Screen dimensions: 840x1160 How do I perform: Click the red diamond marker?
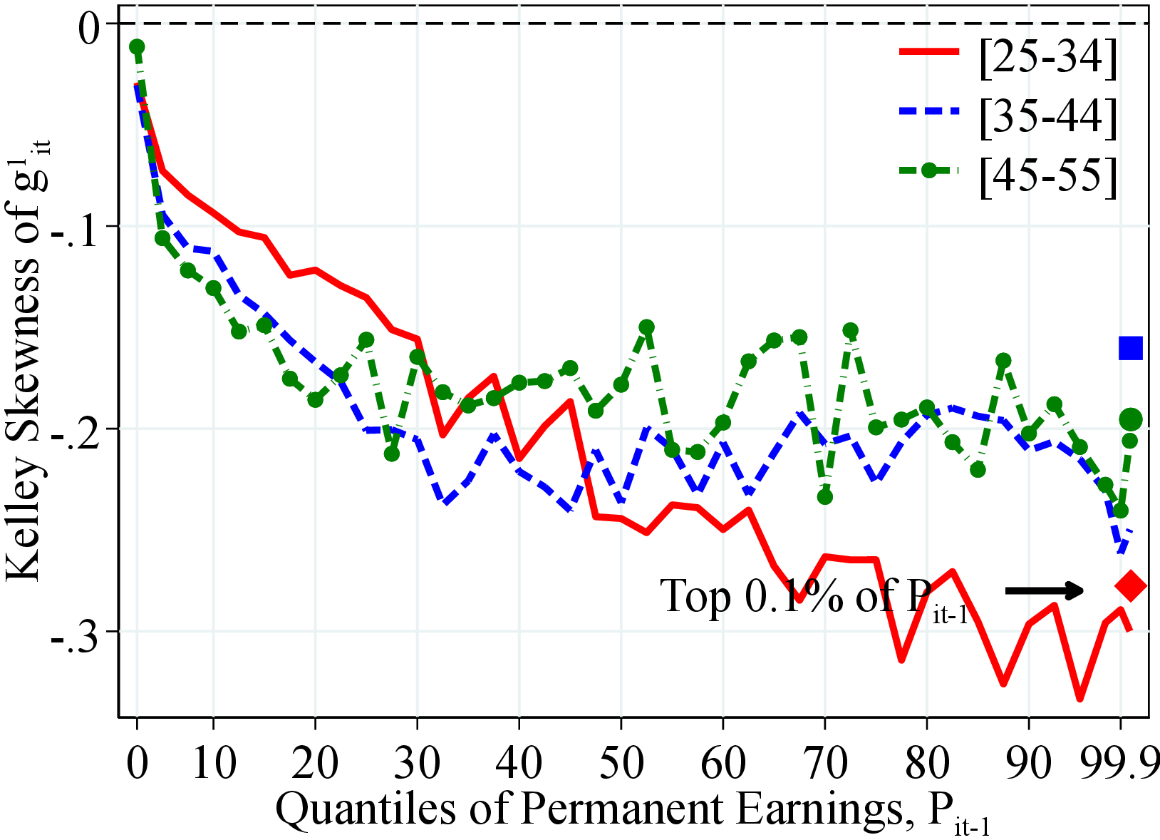(1131, 586)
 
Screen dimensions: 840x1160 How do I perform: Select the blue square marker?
(1131, 348)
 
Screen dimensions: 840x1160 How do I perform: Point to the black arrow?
(1044, 590)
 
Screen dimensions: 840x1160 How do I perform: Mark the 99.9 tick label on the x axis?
(1119, 762)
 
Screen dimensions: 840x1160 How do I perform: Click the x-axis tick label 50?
(621, 762)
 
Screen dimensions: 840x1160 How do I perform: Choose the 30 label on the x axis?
(417, 762)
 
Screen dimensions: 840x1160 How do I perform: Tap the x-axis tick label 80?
(926, 762)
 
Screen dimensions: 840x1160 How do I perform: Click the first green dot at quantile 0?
(137, 47)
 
